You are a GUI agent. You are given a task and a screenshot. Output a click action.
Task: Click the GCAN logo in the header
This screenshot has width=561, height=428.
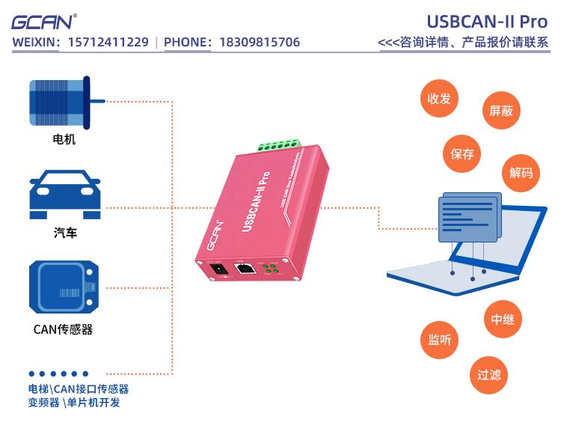(44, 22)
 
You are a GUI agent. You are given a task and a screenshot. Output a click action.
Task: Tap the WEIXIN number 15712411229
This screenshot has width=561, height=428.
(108, 42)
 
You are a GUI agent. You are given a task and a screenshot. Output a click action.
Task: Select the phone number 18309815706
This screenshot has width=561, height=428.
(260, 42)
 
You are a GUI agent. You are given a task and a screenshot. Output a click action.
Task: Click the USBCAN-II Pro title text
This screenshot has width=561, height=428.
(488, 20)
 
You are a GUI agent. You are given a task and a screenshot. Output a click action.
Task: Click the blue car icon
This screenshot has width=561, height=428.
(64, 195)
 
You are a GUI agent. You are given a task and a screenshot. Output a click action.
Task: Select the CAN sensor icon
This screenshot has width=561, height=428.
(64, 287)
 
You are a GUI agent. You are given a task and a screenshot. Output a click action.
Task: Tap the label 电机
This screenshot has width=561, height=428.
(64, 139)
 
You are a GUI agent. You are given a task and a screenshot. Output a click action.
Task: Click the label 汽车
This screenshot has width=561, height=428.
(65, 233)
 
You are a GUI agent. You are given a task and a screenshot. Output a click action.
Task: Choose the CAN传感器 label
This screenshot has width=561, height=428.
(64, 329)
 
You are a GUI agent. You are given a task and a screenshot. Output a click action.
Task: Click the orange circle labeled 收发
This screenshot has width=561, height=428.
(439, 98)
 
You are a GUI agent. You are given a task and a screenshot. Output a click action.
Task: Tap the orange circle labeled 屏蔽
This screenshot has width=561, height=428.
(501, 111)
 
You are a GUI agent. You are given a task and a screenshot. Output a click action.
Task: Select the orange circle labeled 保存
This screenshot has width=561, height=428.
(462, 154)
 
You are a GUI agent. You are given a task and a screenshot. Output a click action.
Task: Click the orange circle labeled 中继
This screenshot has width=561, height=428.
(503, 320)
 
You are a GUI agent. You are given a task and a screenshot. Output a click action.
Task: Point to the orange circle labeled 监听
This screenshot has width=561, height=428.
(440, 339)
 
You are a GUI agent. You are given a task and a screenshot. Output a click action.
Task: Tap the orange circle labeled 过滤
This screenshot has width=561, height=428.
(489, 374)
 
